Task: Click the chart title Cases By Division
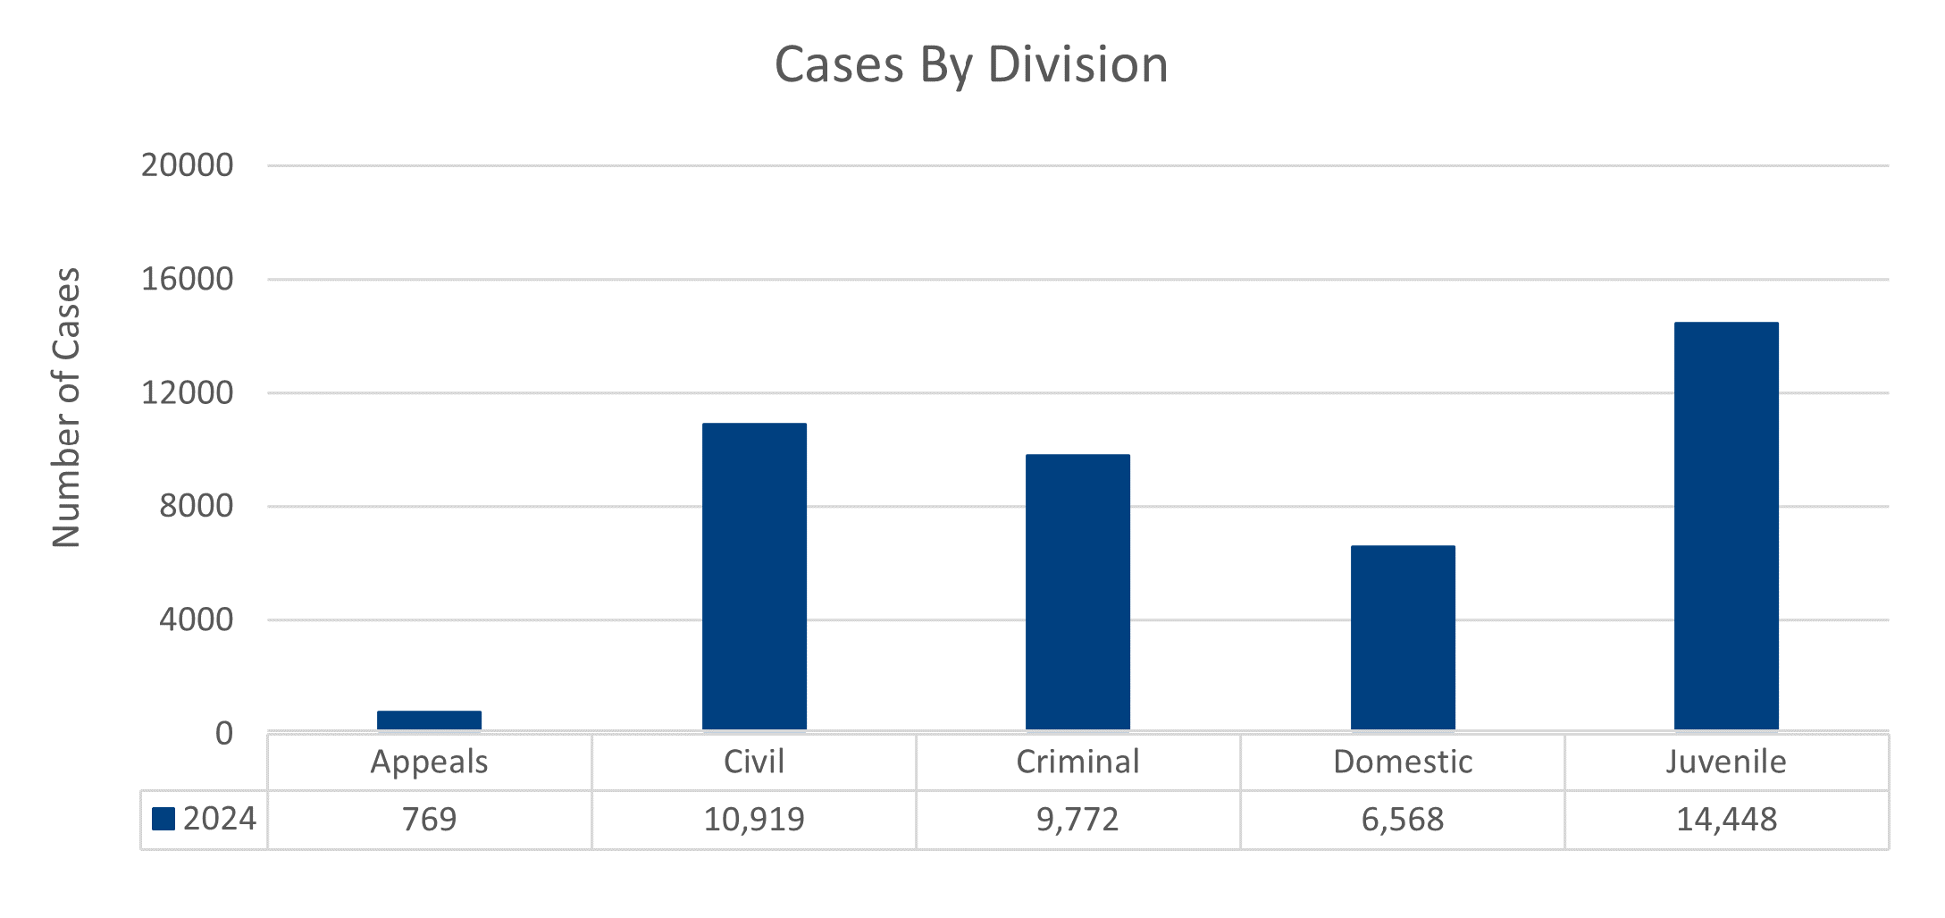click(x=971, y=64)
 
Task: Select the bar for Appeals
click(x=429, y=720)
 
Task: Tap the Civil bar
click(x=754, y=577)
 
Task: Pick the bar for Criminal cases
click(x=1077, y=593)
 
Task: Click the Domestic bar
click(x=1403, y=638)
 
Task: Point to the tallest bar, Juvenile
click(x=1726, y=526)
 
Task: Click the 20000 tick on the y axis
click(x=187, y=165)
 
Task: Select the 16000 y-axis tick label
click(x=187, y=279)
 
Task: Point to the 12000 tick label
click(x=187, y=392)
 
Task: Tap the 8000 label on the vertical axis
click(x=196, y=506)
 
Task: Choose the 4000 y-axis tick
click(x=196, y=619)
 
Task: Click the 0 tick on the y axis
click(x=223, y=734)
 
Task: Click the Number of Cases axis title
click(x=66, y=408)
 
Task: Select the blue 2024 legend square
click(x=163, y=819)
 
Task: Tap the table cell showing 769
click(x=429, y=820)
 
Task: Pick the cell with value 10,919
click(x=754, y=820)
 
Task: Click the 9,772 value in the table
click(x=1077, y=820)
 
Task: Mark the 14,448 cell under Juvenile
click(x=1726, y=820)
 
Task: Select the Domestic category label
click(x=1403, y=762)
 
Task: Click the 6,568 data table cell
click(x=1403, y=820)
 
